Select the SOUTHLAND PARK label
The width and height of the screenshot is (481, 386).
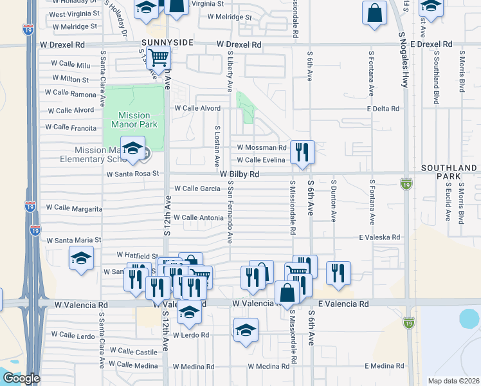pos(450,172)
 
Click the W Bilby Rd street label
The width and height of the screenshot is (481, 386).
pos(239,174)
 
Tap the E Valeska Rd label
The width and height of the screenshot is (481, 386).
pos(379,237)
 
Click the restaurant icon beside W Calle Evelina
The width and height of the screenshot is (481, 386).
pos(302,152)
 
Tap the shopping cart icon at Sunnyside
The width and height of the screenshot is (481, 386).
pos(158,57)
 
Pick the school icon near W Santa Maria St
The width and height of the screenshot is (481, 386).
pos(82,259)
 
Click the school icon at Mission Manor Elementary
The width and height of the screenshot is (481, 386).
pos(132,149)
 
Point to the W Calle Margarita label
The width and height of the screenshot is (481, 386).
pos(75,208)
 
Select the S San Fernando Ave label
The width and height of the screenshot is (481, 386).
pos(230,212)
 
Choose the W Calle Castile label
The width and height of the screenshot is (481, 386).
pos(133,351)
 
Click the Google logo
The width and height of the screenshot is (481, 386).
pos(21,379)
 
